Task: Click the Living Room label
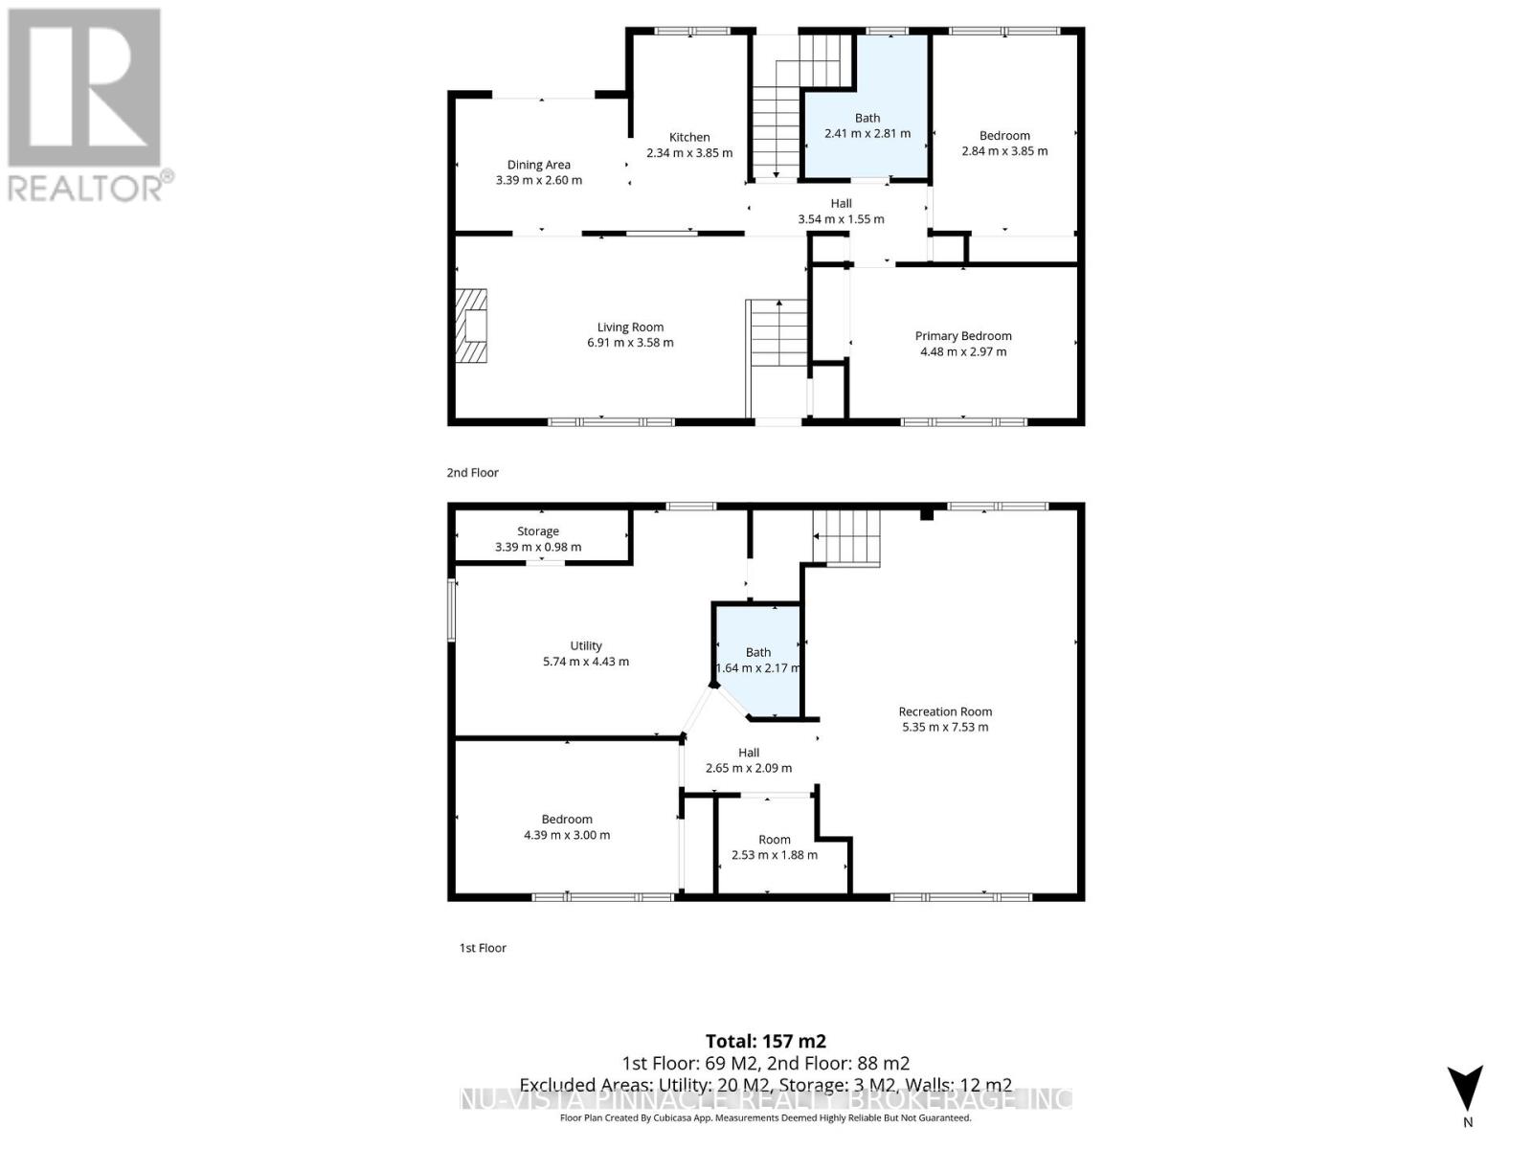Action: [630, 327]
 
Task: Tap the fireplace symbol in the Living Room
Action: [472, 327]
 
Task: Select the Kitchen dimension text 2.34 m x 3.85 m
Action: [689, 153]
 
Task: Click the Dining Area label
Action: [538, 165]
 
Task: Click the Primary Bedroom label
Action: [963, 336]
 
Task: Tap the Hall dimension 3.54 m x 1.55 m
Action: [841, 219]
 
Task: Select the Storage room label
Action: [538, 531]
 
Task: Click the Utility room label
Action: [586, 646]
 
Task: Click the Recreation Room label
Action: [945, 711]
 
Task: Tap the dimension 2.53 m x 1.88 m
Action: [775, 855]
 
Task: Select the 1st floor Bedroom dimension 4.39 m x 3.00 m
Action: [567, 835]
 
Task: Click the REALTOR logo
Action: [86, 105]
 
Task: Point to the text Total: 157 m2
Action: [766, 1041]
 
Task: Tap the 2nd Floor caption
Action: [473, 472]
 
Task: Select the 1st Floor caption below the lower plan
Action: [483, 948]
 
